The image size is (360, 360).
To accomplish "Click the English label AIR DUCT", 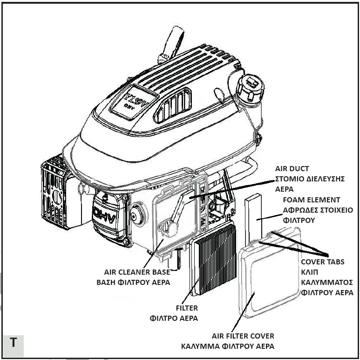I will point(292,169).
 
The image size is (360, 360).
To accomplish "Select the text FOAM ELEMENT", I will point(311,200).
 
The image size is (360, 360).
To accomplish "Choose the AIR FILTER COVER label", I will point(243,336).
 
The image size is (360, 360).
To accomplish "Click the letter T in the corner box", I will point(13,342).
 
